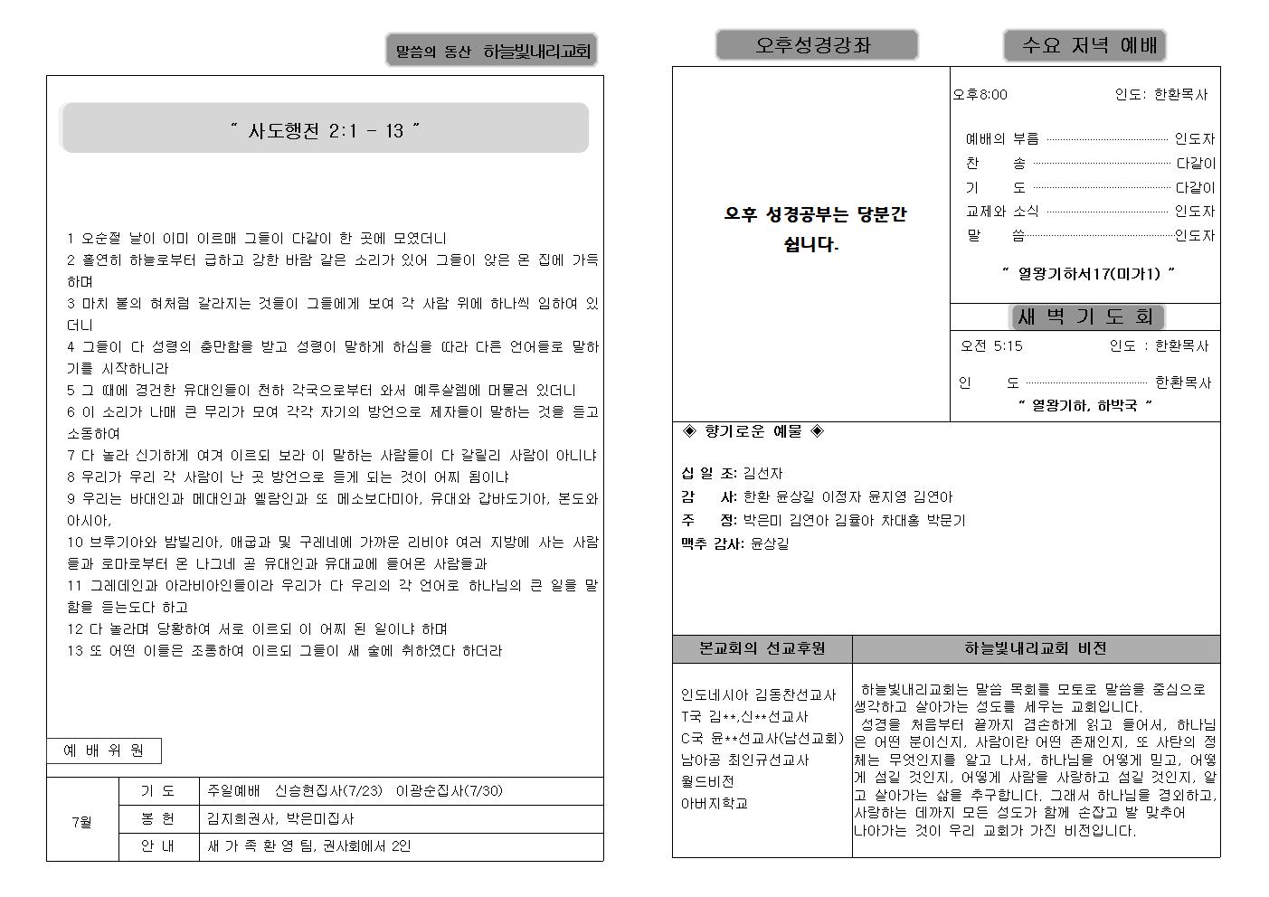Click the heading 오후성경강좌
pos(816,45)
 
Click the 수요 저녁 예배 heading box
pos(1084,45)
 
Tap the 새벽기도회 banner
pos(1085,316)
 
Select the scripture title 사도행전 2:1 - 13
pos(325,129)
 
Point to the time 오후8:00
pos(980,94)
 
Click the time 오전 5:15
pos(991,345)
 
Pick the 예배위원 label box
pos(103,751)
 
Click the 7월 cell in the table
pos(82,822)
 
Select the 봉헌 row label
pos(158,818)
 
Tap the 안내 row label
pos(158,846)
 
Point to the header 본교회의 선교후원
pos(762,648)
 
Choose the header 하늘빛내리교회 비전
pos(1035,648)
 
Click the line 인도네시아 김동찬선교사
pos(758,695)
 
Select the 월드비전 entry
pos(707,781)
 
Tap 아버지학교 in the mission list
pos(715,803)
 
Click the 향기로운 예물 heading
pos(753,432)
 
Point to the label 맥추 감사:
pos(712,543)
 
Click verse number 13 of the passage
pos(75,651)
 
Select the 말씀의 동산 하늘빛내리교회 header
pos(492,52)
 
